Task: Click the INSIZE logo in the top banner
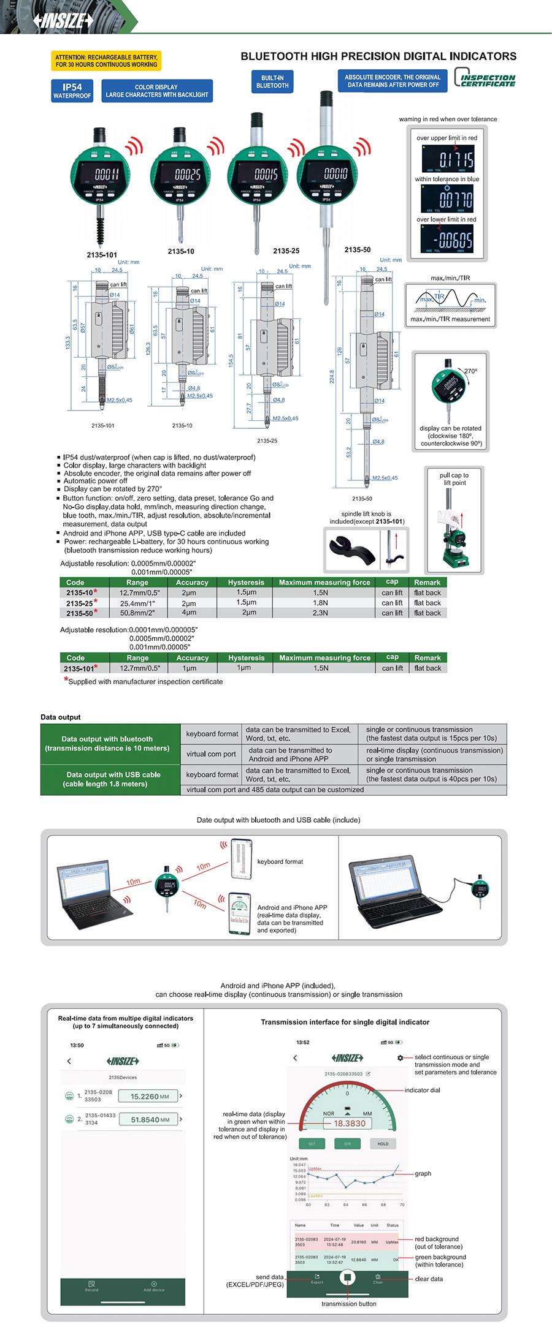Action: coord(63,21)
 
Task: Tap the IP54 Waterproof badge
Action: coord(72,91)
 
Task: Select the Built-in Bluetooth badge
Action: coord(272,81)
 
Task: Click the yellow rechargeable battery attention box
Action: coord(106,61)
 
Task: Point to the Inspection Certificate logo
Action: coord(485,80)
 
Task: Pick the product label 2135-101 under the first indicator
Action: coord(102,255)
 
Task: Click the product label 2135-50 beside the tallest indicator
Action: coord(358,250)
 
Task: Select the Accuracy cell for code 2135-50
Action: coord(189,613)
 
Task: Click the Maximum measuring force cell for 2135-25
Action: coord(321,603)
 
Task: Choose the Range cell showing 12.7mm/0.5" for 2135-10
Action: coord(139,593)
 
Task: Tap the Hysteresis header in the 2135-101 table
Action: coord(246,658)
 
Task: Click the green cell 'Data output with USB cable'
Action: coord(113,779)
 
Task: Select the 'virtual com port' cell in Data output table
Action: coord(211,754)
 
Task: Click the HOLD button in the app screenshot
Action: coord(383,1144)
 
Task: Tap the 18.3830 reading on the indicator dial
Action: coord(349,1124)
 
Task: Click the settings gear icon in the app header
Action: coord(401,1058)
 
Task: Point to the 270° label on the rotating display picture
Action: coord(470,371)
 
